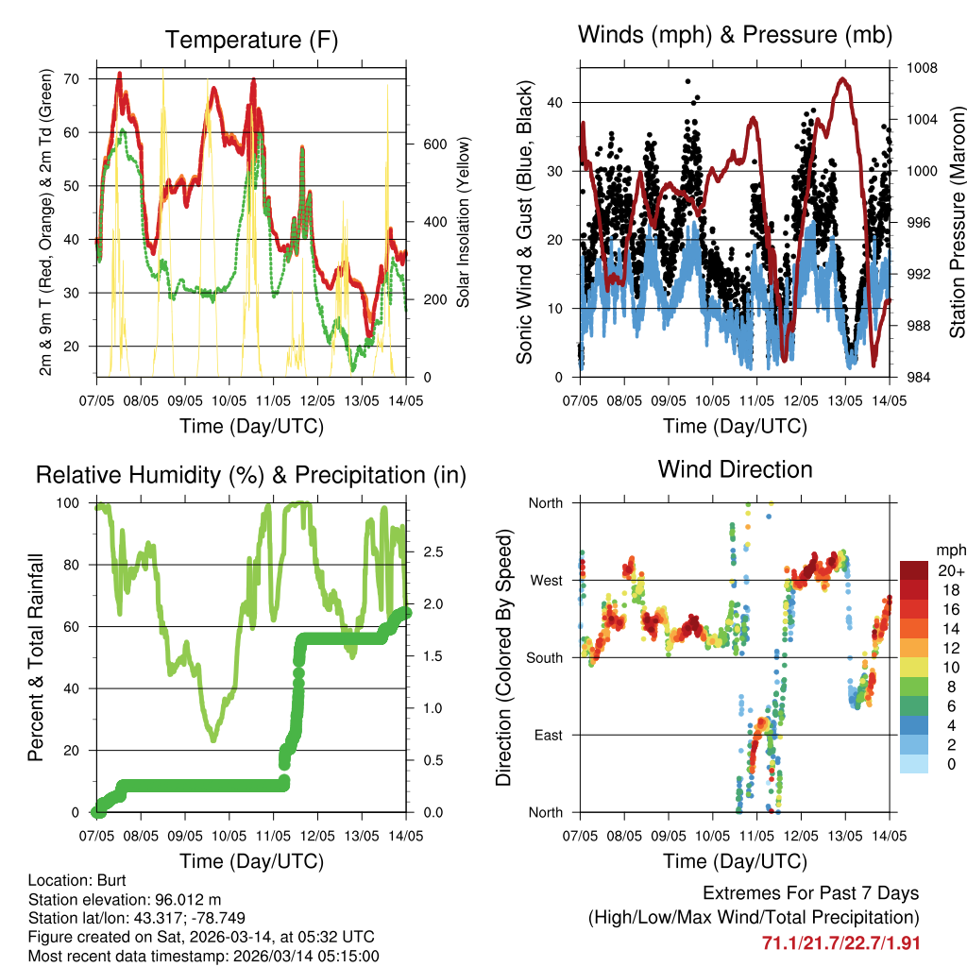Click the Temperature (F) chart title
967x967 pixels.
point(251,40)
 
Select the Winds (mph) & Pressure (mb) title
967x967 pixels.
point(735,35)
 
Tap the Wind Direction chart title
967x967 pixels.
point(735,469)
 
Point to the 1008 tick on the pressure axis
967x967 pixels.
point(922,68)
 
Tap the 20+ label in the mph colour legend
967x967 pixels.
point(950,569)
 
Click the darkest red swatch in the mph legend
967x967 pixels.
point(914,569)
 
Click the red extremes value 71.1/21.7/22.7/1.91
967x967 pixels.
point(840,942)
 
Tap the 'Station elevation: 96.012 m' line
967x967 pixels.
point(125,899)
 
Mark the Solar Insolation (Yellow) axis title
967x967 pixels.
point(464,222)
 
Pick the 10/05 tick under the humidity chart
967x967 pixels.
point(229,835)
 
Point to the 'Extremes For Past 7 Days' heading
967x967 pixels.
point(810,893)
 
